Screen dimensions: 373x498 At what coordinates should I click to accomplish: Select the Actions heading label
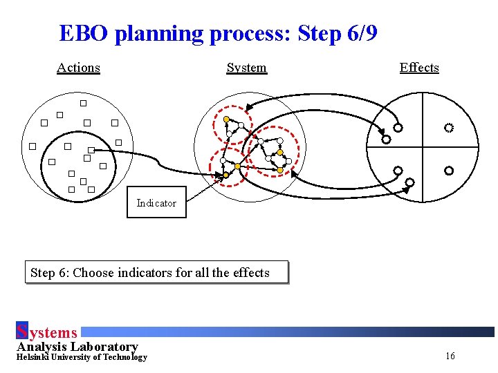[78, 68]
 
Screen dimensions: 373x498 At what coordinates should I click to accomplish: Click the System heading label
[246, 68]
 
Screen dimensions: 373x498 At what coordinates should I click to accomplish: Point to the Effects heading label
[419, 68]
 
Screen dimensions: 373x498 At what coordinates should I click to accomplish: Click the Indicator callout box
[156, 202]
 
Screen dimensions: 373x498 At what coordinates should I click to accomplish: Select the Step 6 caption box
[156, 272]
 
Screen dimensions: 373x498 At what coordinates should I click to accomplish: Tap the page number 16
[450, 356]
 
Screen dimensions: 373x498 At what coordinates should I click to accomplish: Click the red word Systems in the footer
[46, 333]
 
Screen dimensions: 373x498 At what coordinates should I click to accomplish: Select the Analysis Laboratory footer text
[77, 346]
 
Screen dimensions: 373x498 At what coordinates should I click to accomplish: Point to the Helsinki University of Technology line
[82, 357]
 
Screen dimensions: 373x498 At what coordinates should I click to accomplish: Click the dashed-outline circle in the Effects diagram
[449, 128]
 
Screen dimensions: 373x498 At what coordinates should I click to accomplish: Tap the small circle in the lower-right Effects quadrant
[449, 170]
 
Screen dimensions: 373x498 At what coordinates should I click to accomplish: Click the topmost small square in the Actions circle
[83, 104]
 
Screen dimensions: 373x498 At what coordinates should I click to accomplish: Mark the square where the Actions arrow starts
[91, 150]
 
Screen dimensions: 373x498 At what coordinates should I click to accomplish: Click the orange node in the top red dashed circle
[226, 119]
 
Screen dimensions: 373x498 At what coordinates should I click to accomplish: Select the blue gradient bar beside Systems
[287, 332]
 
